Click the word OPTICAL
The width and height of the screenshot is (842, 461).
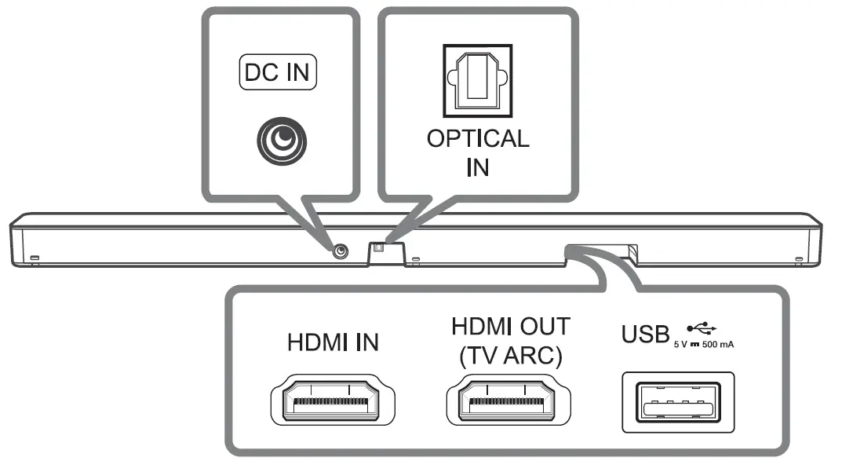477,139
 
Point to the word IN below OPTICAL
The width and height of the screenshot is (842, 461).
477,168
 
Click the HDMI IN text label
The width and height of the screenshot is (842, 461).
333,342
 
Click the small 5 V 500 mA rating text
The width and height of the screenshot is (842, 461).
705,344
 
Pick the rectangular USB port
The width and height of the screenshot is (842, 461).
678,402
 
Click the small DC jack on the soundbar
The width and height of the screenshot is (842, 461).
340,251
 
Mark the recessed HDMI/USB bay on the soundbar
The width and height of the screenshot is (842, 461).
600,252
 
